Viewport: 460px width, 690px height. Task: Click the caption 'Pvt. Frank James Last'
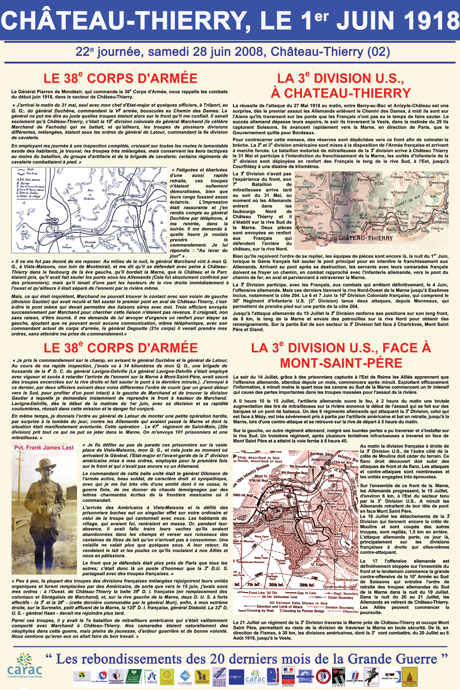(44, 447)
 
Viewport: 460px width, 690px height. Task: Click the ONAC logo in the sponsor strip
(305, 675)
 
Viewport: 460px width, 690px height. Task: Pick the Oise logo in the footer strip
(167, 675)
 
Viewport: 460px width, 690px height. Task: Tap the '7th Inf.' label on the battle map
(254, 585)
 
